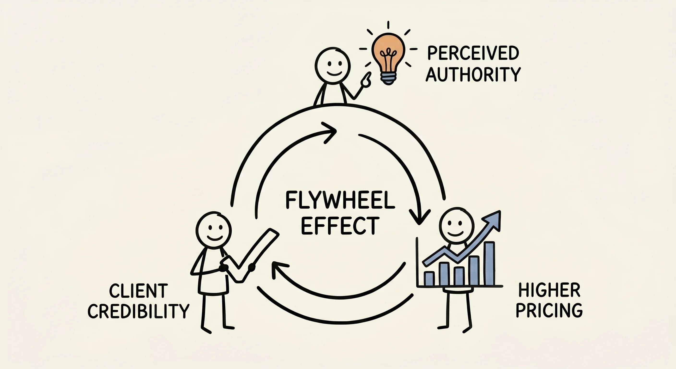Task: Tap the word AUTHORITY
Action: pos(473,74)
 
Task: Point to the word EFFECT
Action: pos(340,226)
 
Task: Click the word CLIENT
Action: pos(138,291)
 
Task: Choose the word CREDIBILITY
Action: pos(138,311)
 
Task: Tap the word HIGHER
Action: pos(549,290)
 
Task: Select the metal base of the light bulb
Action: pos(388,78)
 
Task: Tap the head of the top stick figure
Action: pos(332,65)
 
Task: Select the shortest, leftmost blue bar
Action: pos(429,279)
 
